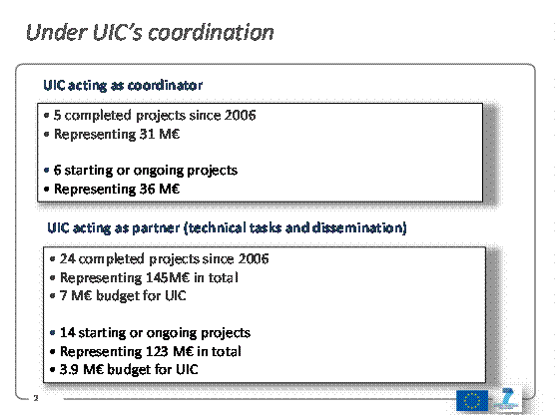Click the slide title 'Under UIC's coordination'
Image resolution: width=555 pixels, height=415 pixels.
pyautogui.click(x=150, y=33)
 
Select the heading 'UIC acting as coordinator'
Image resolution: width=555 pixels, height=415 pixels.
pyautogui.click(x=123, y=85)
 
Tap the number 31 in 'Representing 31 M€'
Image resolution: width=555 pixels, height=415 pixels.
pyautogui.click(x=147, y=134)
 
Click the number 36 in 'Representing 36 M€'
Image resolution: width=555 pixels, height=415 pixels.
pyautogui.click(x=147, y=189)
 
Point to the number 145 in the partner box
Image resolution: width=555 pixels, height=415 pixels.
pyautogui.click(x=157, y=277)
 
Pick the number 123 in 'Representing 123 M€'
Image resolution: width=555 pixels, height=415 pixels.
pyautogui.click(x=157, y=351)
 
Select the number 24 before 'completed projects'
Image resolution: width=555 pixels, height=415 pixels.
pyautogui.click(x=67, y=258)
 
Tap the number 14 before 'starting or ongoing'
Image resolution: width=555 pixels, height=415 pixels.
pyautogui.click(x=67, y=332)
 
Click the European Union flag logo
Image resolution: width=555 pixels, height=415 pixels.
pyautogui.click(x=472, y=401)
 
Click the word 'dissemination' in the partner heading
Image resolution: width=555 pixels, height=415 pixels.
pyautogui.click(x=359, y=227)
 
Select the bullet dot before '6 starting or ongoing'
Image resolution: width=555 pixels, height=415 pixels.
pyautogui.click(x=46, y=171)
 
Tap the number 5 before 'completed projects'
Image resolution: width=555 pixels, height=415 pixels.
pyautogui.click(x=57, y=115)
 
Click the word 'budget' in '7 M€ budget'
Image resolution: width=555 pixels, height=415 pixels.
pyautogui.click(x=117, y=295)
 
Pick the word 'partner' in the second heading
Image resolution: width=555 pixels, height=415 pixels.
pyautogui.click(x=156, y=228)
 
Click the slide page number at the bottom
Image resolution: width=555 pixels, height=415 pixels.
pyautogui.click(x=36, y=398)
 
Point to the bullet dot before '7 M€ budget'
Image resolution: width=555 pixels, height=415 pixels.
pyautogui.click(x=52, y=295)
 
